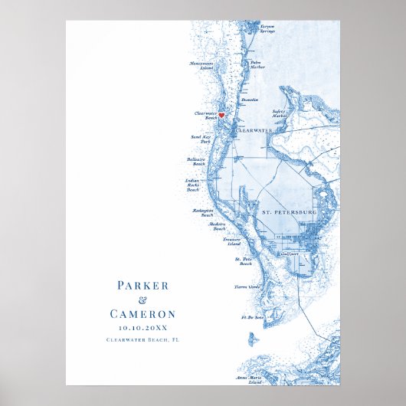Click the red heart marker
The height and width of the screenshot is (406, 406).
pos(221,116)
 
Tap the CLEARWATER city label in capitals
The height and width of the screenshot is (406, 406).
pos(255,131)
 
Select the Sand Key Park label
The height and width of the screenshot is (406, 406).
pos(200,139)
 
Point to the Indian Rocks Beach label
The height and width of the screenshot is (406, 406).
pos(192,185)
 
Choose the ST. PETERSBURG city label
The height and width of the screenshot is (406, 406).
pos(289,211)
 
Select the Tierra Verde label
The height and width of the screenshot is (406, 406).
pos(247,288)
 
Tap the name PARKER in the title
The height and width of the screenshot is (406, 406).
pos(142,286)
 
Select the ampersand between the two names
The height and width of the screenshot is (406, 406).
pos(142,300)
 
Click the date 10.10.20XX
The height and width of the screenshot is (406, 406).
pos(142,327)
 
